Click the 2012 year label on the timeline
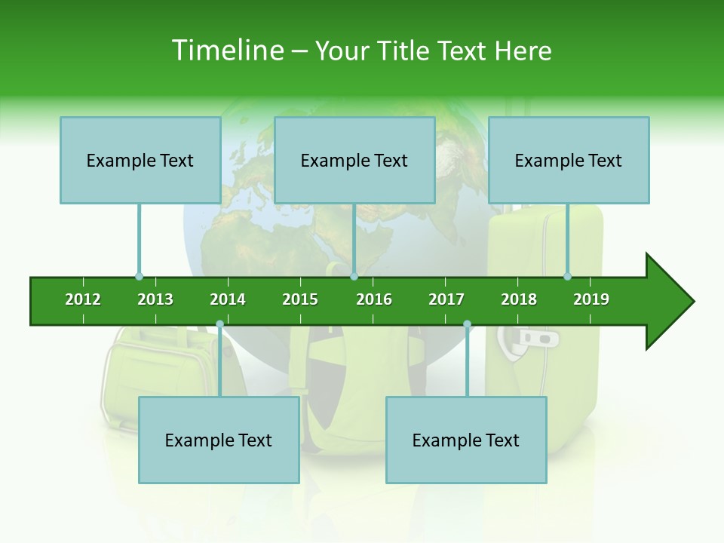[83, 299]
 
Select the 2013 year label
[155, 299]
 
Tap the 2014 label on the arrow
[228, 299]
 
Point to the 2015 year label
[300, 299]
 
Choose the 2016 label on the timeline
[374, 299]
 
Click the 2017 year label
[446, 299]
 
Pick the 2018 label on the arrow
[519, 299]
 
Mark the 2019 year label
[591, 299]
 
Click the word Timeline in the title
[226, 51]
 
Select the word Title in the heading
[406, 51]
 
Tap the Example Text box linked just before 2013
[140, 160]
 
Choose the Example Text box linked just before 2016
[354, 160]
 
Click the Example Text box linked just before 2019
[569, 160]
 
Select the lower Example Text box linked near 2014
[219, 440]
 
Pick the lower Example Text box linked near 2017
[466, 440]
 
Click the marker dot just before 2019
[568, 276]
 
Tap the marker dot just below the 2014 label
[219, 324]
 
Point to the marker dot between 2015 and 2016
[354, 276]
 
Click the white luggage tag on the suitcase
[538, 339]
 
